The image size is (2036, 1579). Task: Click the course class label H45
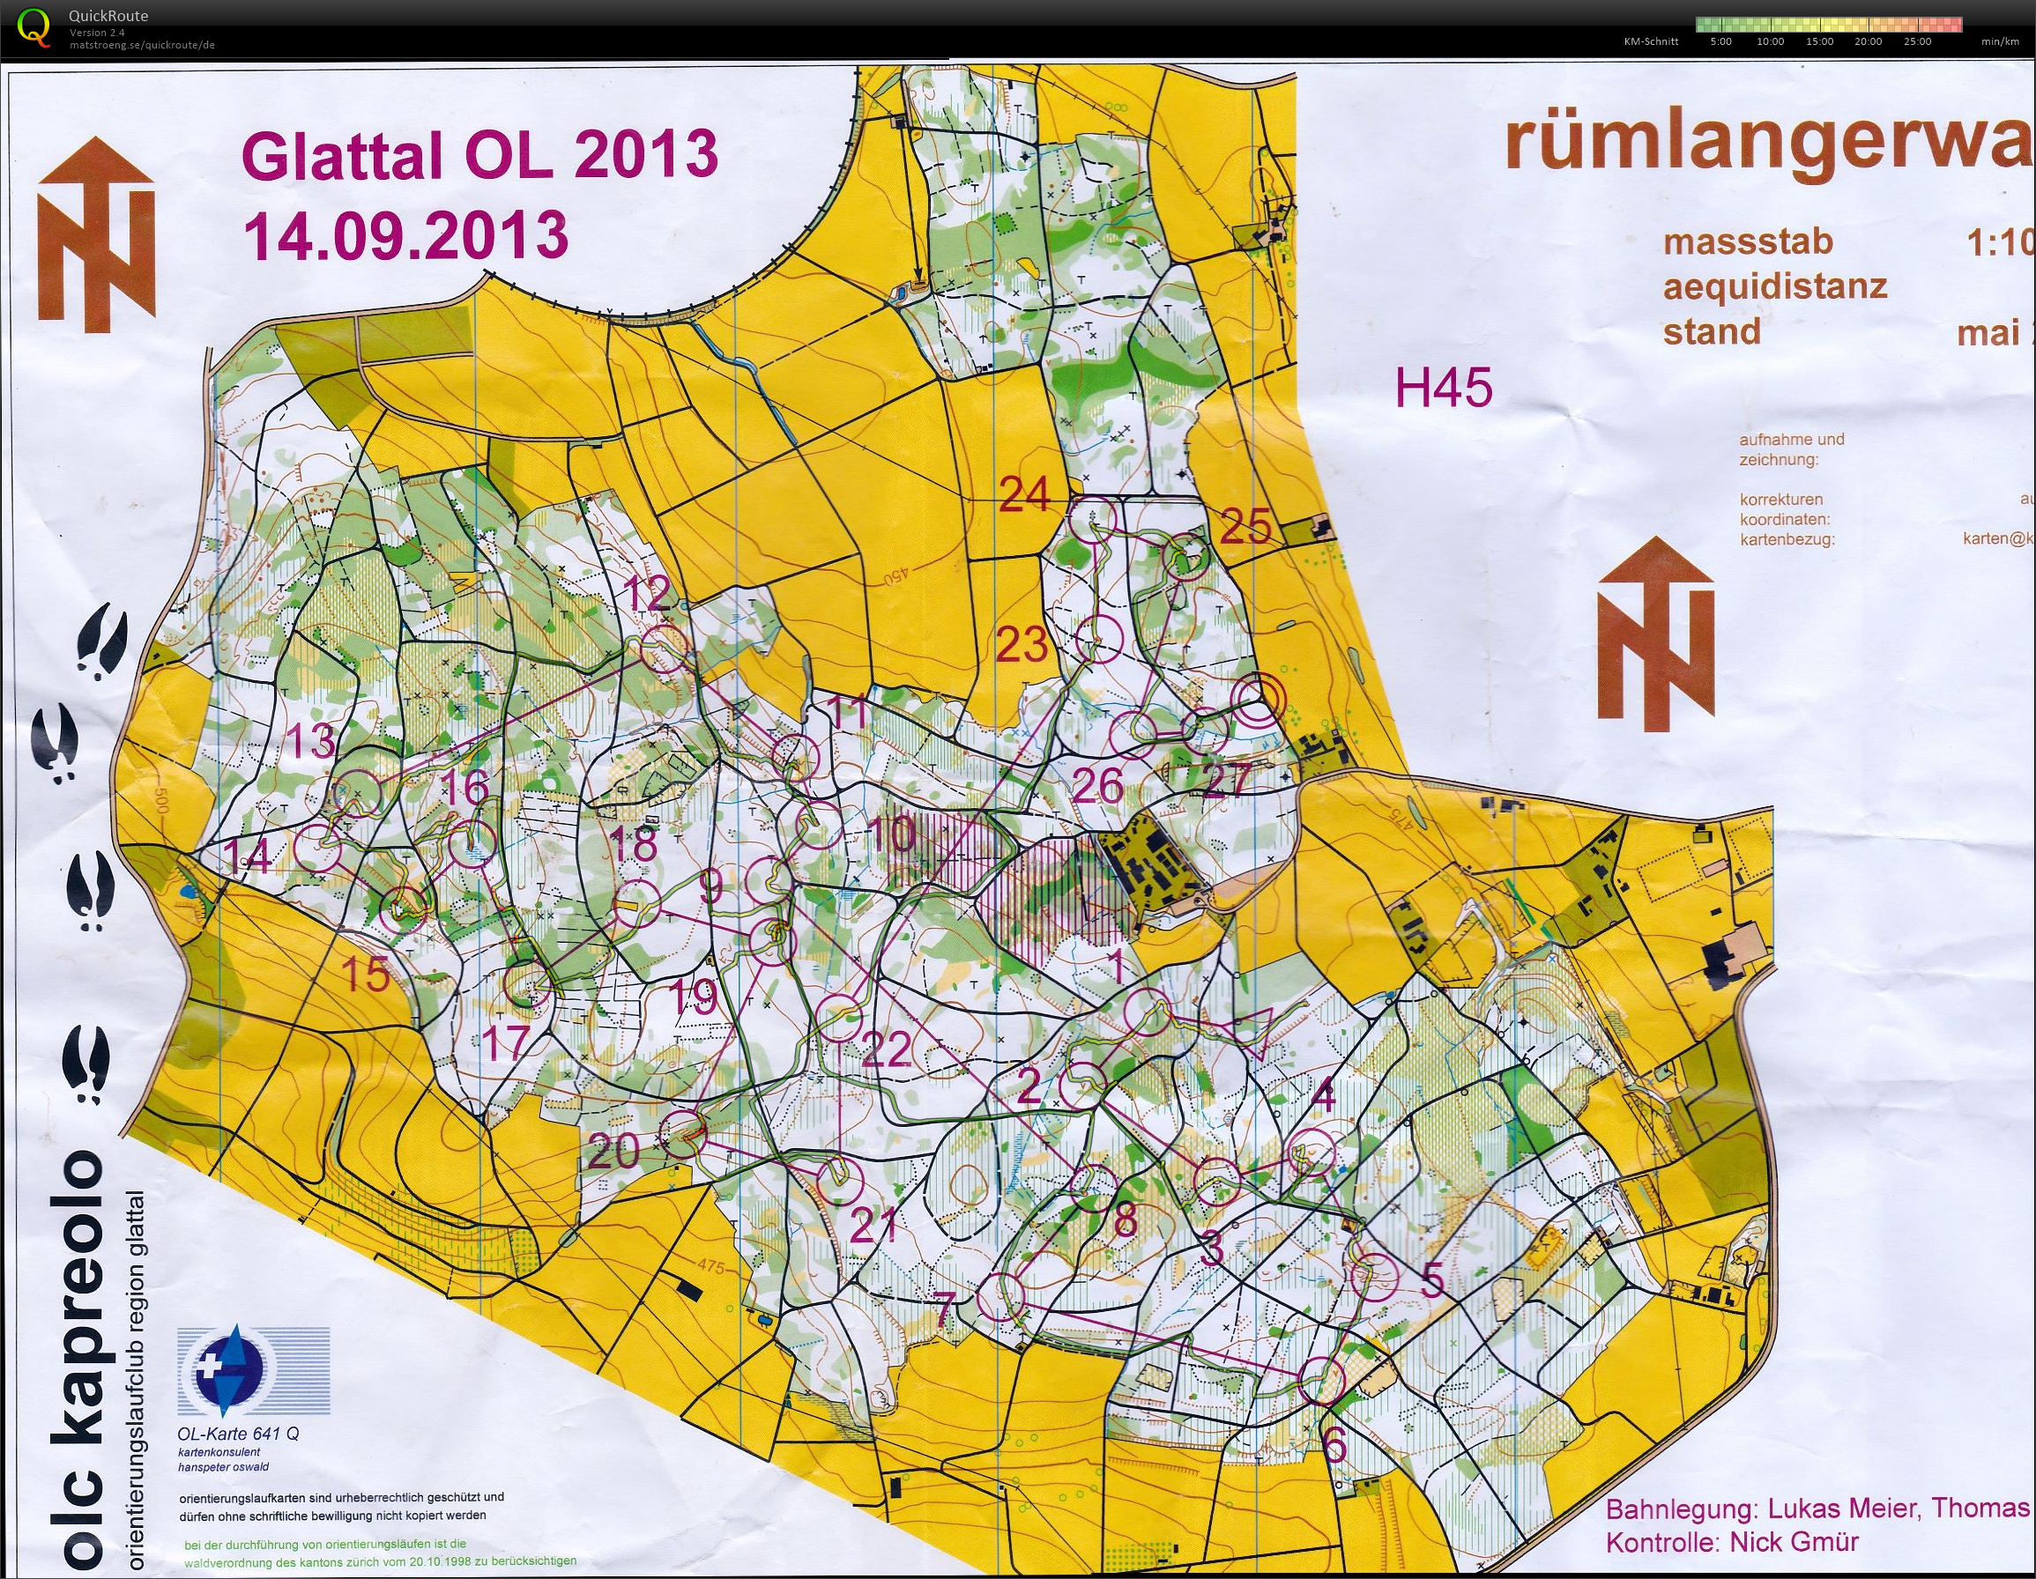click(x=1443, y=387)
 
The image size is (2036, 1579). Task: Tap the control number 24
click(x=1024, y=494)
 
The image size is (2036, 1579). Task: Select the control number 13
click(x=310, y=741)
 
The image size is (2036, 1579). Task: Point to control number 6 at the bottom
click(x=1335, y=1447)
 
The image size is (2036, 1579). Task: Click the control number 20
click(x=613, y=1153)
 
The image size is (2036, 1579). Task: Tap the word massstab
click(x=1748, y=242)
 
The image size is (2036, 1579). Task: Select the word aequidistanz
click(x=1774, y=286)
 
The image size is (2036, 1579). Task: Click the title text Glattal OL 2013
click(x=479, y=155)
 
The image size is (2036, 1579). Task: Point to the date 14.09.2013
click(x=406, y=235)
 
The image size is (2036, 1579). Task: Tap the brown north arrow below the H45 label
click(x=1655, y=634)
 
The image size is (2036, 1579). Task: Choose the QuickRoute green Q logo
click(x=34, y=26)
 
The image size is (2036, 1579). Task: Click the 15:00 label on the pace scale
click(x=1819, y=42)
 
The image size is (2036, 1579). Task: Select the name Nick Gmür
click(x=1794, y=1541)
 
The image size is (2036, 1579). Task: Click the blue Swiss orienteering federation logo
click(x=228, y=1368)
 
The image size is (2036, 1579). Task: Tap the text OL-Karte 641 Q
click(x=239, y=1434)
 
